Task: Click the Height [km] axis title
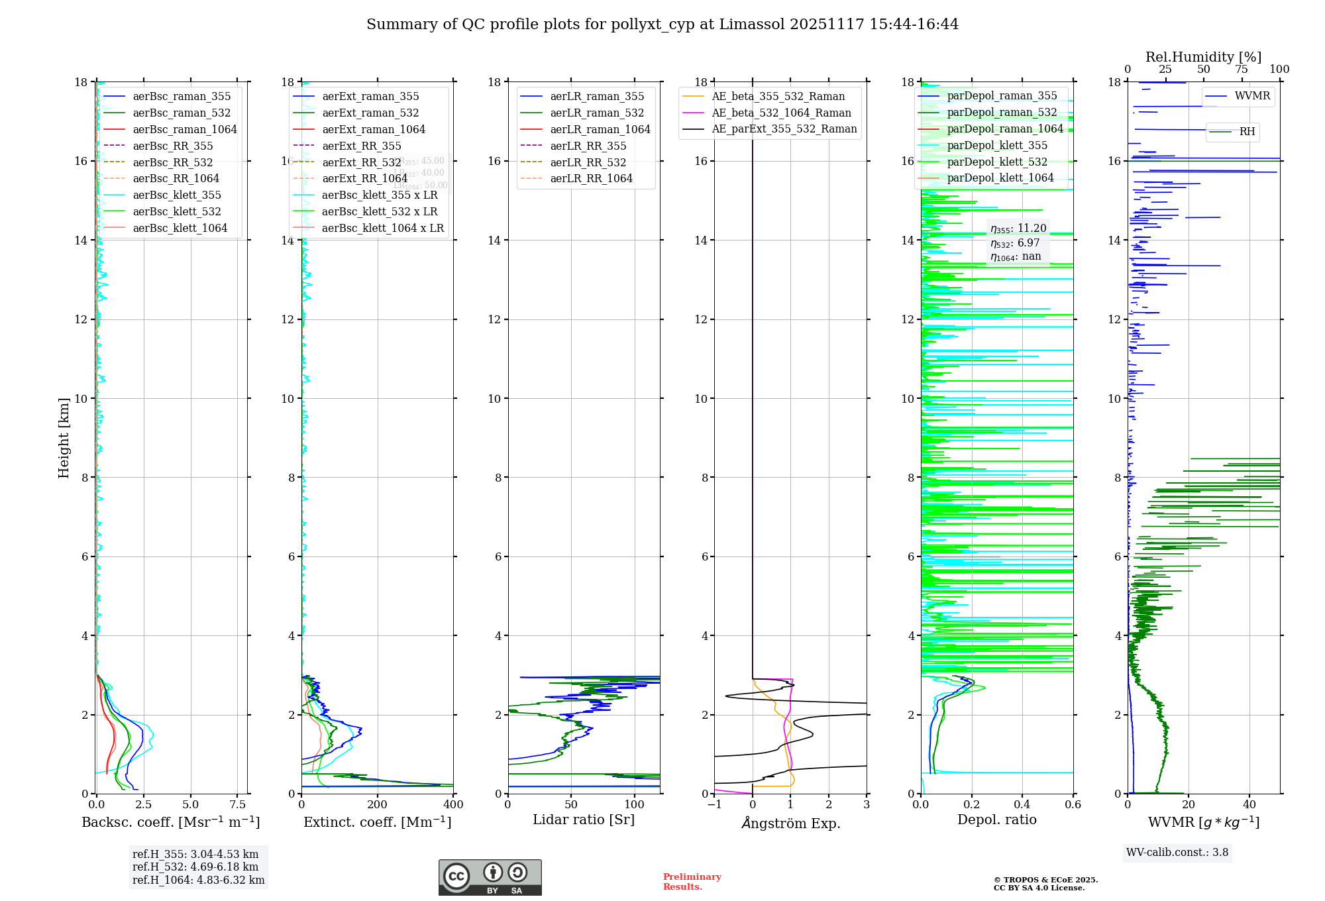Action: tap(64, 438)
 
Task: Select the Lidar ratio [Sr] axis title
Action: tap(584, 820)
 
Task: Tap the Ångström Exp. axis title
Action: tap(790, 823)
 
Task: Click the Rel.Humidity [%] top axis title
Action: tap(1203, 57)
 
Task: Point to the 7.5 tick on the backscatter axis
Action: tap(237, 805)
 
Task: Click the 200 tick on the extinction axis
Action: tap(378, 805)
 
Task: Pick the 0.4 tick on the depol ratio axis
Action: tap(1022, 805)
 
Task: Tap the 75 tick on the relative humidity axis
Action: tap(1242, 70)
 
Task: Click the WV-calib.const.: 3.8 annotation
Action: tap(1177, 853)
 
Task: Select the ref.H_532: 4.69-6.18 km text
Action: tap(195, 867)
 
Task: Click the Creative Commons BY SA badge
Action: tap(490, 878)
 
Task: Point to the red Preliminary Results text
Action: tap(692, 882)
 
